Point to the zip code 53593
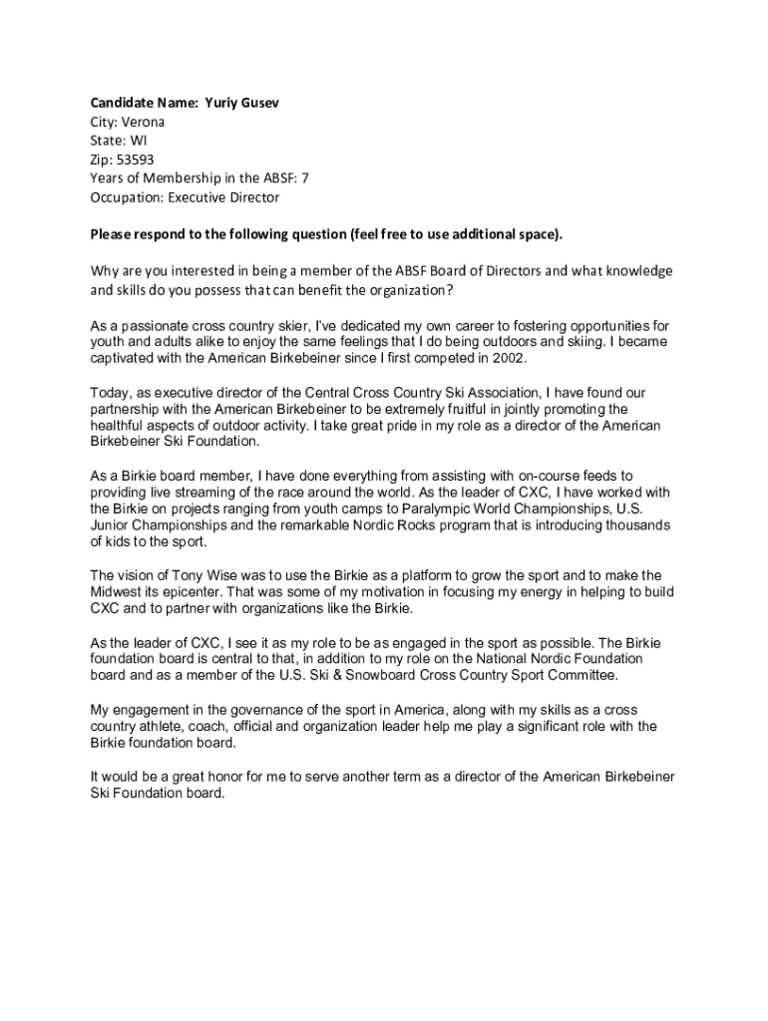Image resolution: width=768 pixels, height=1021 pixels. coord(135,160)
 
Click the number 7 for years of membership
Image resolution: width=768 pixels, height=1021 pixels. coord(319,178)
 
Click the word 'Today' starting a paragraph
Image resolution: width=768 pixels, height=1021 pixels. coord(109,392)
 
